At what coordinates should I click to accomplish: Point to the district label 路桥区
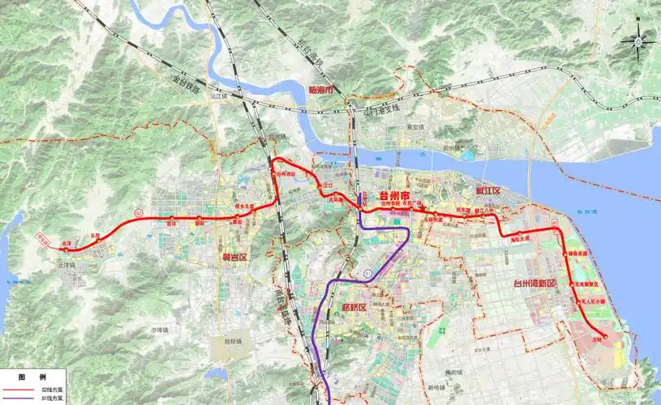tap(355, 307)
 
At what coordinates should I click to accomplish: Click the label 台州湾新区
tap(534, 283)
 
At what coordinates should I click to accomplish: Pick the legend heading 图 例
tap(32, 377)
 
